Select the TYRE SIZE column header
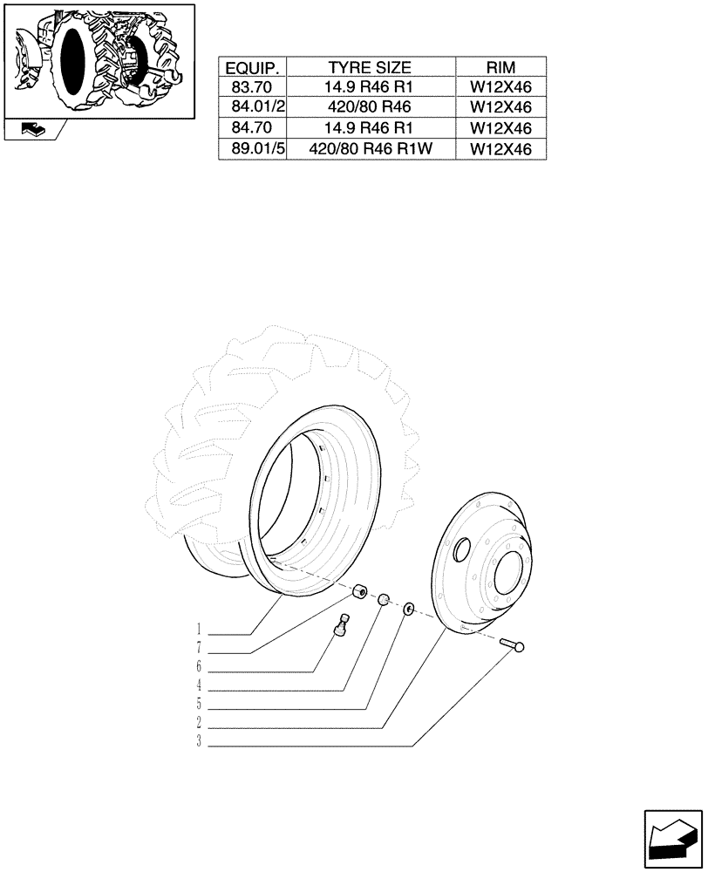click(370, 67)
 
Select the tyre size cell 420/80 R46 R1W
click(370, 148)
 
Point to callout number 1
click(200, 629)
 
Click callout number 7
click(200, 648)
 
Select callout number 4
click(200, 685)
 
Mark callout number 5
click(200, 704)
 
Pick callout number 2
click(200, 723)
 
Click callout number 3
click(200, 742)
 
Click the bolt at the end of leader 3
click(513, 645)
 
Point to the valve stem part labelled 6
click(343, 625)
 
